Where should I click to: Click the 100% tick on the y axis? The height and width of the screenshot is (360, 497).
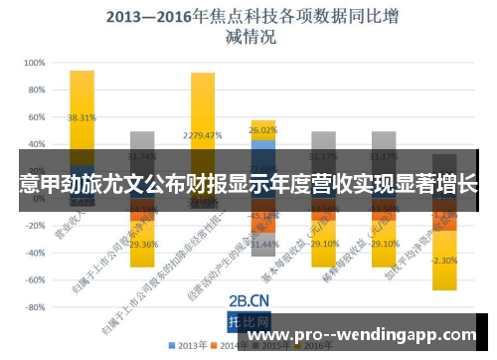33,63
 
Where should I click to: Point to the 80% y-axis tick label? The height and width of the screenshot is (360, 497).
35,90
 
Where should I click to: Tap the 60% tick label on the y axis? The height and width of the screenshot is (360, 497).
35,116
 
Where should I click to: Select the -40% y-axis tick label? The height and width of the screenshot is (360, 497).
33,253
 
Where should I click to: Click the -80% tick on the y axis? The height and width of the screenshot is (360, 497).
33,307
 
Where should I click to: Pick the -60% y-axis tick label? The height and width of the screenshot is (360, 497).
33,280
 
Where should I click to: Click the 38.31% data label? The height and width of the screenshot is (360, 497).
82,117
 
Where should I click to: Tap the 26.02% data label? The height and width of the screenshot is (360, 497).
263,130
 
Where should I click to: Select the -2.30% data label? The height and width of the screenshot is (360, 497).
444,261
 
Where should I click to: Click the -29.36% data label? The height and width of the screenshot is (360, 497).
143,244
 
